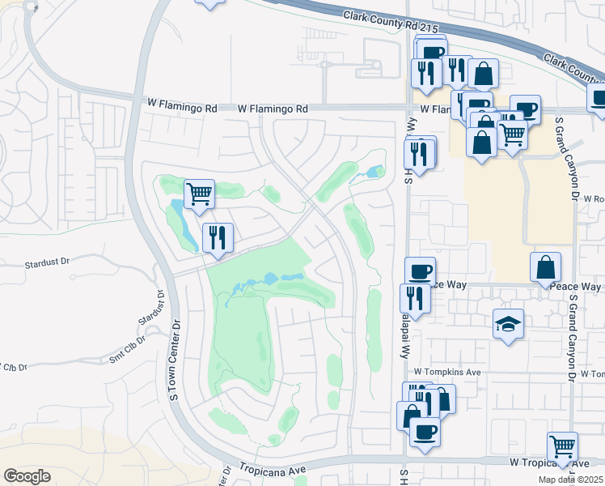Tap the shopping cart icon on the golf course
(x=199, y=194)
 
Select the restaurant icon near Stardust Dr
(x=218, y=237)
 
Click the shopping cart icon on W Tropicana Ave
(x=562, y=446)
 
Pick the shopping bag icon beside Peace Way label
(x=546, y=266)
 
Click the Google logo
(x=27, y=476)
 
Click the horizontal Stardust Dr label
(x=48, y=262)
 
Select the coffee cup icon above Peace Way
(x=420, y=271)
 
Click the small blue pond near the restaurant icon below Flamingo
(x=374, y=172)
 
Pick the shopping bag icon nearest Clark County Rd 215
(x=483, y=74)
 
